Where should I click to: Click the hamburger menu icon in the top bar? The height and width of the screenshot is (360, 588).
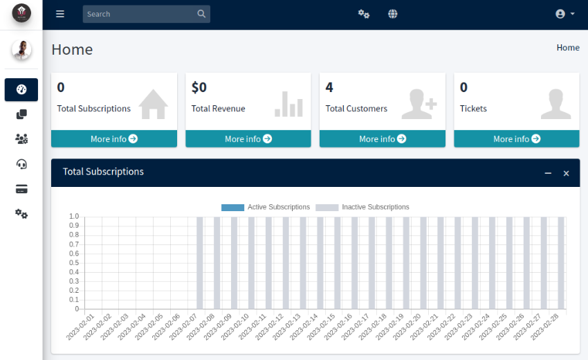point(60,14)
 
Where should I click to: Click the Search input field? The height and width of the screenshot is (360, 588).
point(138,14)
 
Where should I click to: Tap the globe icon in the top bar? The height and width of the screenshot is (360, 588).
point(393,14)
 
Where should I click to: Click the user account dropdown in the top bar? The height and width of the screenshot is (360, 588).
point(565,14)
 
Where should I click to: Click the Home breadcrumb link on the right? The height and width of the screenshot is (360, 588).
point(568,48)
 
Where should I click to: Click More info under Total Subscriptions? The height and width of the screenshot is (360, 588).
point(114,139)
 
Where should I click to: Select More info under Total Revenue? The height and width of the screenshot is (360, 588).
point(248,139)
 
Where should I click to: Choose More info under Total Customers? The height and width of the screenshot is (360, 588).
point(383,139)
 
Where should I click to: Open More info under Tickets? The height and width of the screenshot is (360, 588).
point(517,139)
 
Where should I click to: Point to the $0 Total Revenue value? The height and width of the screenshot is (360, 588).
point(199,87)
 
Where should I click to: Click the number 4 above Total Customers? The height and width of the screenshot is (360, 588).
point(329,87)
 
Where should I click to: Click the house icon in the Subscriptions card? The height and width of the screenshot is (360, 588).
point(153,104)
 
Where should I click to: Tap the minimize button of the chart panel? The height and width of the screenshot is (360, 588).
point(548,173)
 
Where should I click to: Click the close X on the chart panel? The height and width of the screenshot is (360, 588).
point(566,173)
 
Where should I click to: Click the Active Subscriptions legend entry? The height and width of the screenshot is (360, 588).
point(266,207)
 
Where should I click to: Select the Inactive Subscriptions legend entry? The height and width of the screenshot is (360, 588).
point(362,207)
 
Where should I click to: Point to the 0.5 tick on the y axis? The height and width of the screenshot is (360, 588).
point(74,263)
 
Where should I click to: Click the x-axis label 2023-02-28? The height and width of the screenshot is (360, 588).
point(544,326)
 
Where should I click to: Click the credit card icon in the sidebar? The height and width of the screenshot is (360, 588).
point(21,189)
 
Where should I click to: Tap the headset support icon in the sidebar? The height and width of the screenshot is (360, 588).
point(21,164)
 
